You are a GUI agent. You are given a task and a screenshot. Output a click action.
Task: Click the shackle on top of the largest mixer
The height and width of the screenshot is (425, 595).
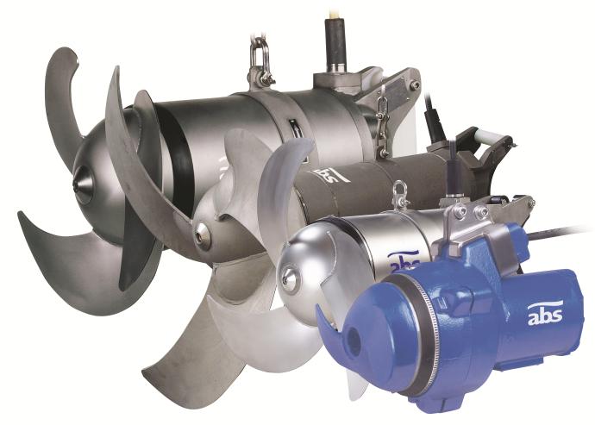tap(260, 60)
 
